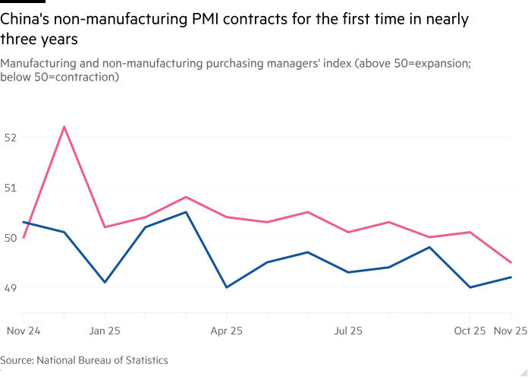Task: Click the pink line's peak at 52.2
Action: [64, 126]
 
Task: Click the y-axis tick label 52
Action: [9, 138]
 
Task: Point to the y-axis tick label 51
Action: [9, 188]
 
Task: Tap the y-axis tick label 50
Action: [9, 238]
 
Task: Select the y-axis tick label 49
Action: [9, 288]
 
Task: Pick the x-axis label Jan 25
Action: [105, 331]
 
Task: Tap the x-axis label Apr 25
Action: [226, 331]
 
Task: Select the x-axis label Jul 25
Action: [347, 331]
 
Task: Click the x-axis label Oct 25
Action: [470, 331]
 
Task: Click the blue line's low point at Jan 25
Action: [105, 282]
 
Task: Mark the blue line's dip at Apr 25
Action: [226, 287]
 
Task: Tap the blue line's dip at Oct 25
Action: [470, 287]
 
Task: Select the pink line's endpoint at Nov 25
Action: [511, 262]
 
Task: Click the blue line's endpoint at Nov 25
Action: [511, 277]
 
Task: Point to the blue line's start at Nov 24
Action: [24, 222]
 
